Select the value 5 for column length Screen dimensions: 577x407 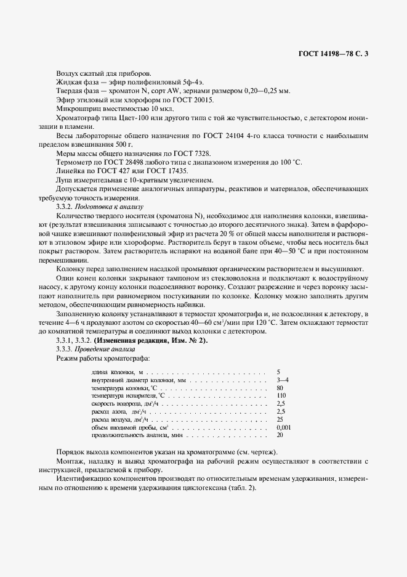279,372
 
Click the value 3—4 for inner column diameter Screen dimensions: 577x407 283,381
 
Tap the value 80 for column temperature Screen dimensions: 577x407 280,388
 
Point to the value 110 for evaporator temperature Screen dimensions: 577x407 282,396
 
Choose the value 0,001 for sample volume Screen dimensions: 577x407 284,427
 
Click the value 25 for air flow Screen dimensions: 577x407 280,419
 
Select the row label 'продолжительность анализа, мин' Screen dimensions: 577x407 127,435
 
